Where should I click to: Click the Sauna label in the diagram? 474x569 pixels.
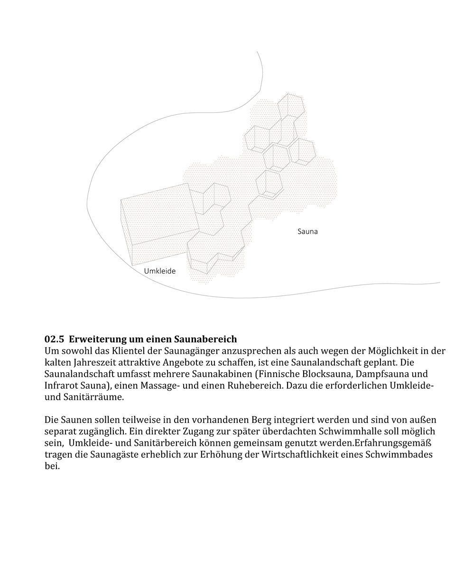307,232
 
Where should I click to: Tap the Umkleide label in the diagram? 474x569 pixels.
160,271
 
